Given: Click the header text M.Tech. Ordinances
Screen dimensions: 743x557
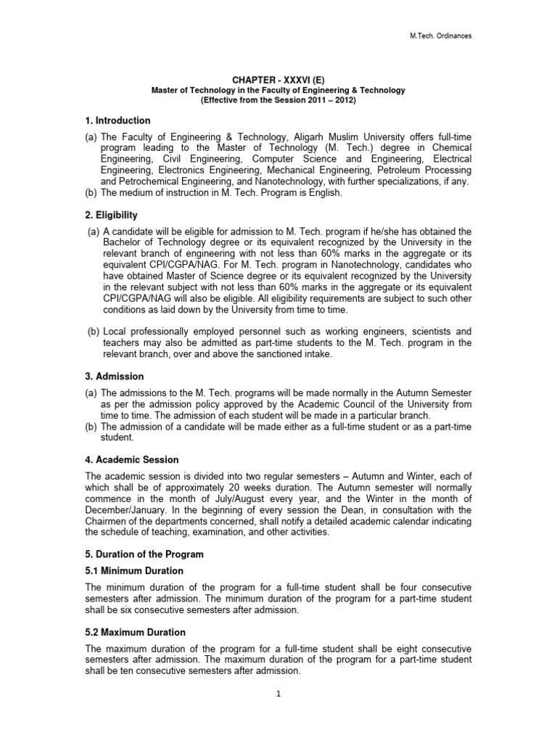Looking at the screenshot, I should point(440,36).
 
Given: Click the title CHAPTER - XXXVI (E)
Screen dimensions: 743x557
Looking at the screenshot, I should point(278,80).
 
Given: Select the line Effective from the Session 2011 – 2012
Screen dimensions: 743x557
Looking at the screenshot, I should point(278,100).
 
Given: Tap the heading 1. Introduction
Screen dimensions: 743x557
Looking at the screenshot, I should point(117,120).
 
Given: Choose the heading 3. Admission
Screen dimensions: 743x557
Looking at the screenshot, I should point(115,377).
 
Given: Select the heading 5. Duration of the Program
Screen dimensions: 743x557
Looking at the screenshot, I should point(144,554).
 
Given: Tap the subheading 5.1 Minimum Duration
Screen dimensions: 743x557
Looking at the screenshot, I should point(134,571).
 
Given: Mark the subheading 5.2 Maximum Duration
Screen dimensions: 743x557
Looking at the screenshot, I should point(136,632).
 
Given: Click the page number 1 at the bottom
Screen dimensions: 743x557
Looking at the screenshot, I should point(278,693).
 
